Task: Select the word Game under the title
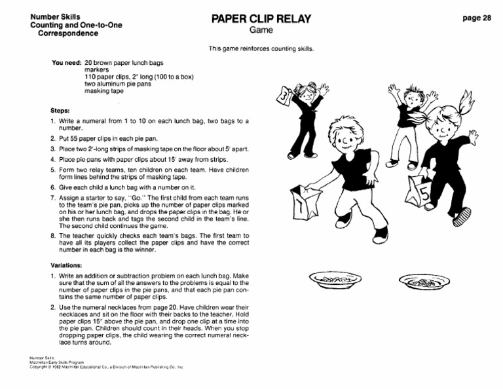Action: [x=260, y=31]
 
